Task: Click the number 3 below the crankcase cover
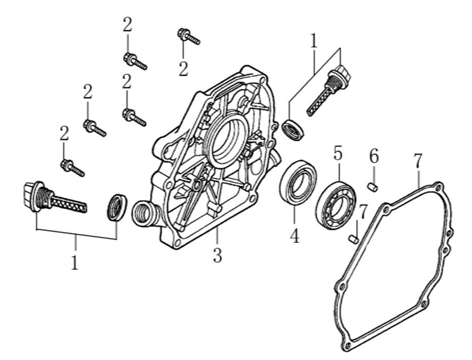[218, 255]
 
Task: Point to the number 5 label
[337, 153]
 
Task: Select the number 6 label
[374, 156]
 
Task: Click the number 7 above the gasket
[418, 161]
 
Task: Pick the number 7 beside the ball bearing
[363, 211]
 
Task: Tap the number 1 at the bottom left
[75, 262]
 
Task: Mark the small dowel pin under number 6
[372, 187]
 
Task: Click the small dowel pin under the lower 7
[354, 238]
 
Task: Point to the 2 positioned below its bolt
[183, 69]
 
